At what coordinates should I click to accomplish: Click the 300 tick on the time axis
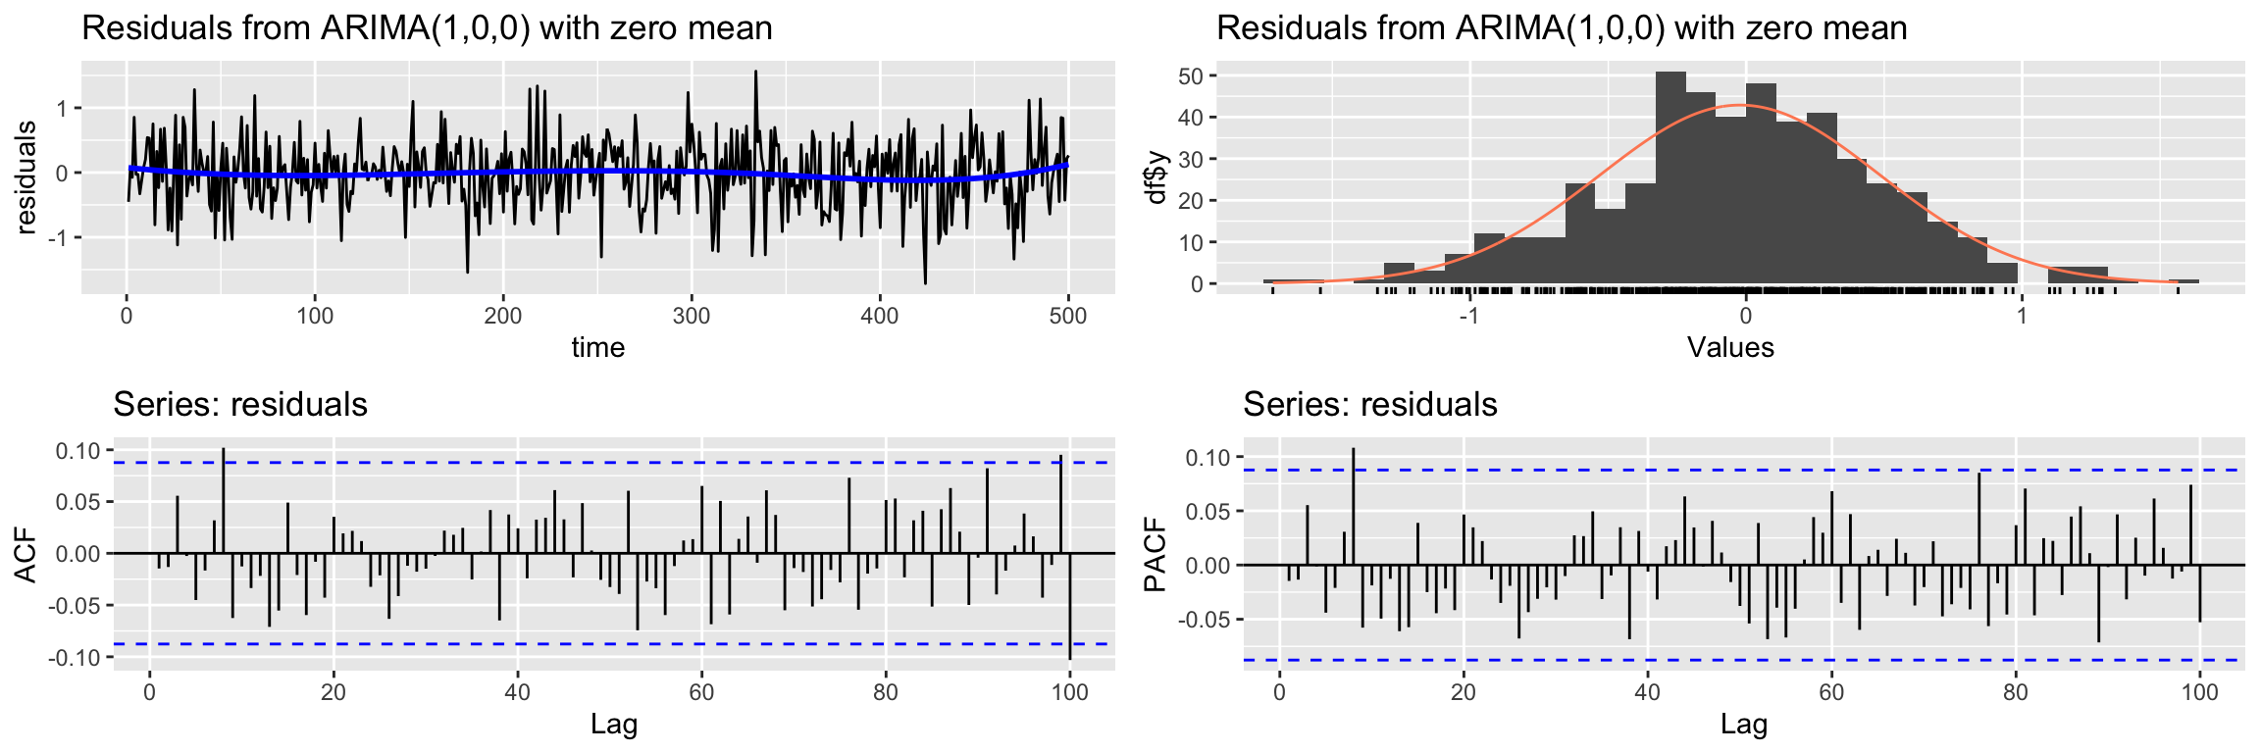(x=692, y=316)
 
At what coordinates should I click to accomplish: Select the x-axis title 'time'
(x=598, y=347)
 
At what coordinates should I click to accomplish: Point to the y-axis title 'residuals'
(x=26, y=177)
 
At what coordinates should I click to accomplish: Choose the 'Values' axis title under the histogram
(x=1730, y=347)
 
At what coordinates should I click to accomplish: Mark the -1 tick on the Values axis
(x=1468, y=316)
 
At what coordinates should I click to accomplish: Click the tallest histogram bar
(x=1670, y=176)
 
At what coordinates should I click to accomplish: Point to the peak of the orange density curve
(x=1741, y=105)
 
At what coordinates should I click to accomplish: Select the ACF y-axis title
(x=26, y=555)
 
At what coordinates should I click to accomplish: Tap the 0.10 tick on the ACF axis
(x=79, y=451)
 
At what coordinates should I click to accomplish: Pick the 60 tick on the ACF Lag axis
(x=701, y=692)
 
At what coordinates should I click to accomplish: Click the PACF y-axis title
(x=1156, y=555)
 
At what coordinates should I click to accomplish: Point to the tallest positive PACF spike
(x=1354, y=505)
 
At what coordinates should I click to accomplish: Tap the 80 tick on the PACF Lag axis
(x=2016, y=692)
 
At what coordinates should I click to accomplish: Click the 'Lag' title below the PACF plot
(x=1743, y=725)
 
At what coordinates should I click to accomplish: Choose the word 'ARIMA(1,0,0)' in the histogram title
(x=1561, y=27)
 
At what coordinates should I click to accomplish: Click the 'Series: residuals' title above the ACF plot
(x=240, y=404)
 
